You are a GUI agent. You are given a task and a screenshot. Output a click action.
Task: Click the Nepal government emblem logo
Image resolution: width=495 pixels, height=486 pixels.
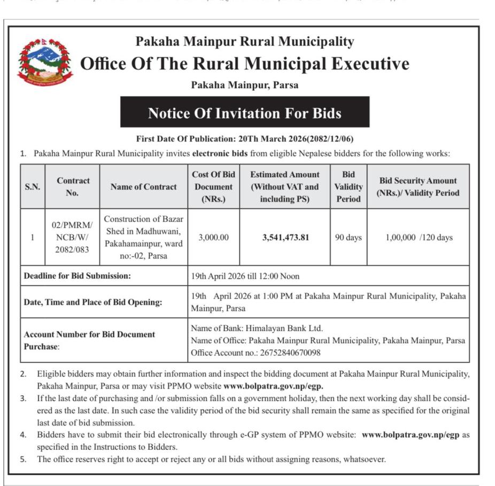[x=44, y=62]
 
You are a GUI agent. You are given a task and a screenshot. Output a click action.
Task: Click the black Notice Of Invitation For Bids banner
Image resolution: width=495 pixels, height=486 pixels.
[x=244, y=113]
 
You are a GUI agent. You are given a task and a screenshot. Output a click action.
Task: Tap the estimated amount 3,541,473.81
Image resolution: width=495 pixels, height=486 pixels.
[x=285, y=238]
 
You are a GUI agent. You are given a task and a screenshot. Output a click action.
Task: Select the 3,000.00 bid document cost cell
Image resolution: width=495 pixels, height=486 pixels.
[x=213, y=238]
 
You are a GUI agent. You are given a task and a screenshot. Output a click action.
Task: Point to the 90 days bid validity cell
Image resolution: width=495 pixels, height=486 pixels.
[x=349, y=238]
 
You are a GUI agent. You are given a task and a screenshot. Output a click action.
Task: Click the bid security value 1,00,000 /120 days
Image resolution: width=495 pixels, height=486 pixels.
[x=419, y=238]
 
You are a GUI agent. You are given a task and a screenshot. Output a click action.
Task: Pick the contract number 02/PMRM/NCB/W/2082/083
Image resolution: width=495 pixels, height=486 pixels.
[x=72, y=238]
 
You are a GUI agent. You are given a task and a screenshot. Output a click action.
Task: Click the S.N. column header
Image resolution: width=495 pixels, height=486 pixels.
[x=33, y=187]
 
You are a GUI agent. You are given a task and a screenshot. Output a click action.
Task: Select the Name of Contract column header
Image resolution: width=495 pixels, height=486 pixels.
[x=143, y=187]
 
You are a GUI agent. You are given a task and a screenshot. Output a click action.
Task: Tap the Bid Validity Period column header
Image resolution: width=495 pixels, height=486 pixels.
[x=349, y=187]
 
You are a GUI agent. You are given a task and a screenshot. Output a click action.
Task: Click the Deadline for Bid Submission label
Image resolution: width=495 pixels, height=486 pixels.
[x=77, y=276]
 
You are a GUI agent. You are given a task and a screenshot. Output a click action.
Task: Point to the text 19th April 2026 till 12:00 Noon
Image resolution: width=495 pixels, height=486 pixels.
[x=245, y=276]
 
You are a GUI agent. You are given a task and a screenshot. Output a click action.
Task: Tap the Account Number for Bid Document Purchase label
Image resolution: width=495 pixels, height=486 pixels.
[x=89, y=340]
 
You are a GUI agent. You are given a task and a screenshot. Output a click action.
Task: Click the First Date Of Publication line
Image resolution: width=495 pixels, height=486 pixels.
[x=244, y=139]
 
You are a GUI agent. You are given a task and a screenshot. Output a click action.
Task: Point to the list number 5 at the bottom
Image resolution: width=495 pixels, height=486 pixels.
[x=23, y=459]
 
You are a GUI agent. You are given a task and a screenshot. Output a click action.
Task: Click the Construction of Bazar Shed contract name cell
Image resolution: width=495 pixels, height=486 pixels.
[x=143, y=238]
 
